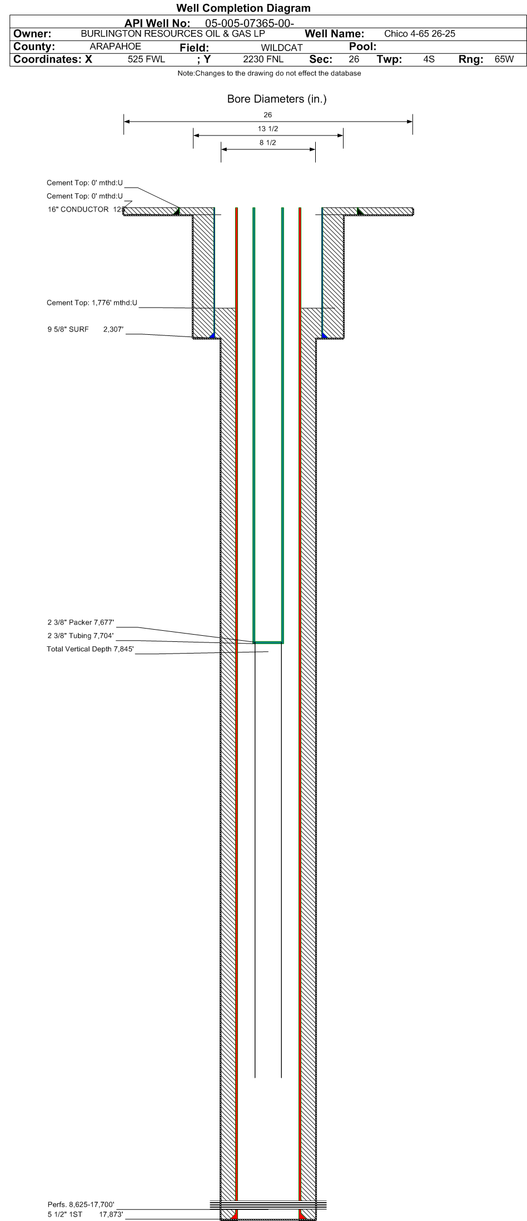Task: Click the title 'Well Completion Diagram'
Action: pos(243,8)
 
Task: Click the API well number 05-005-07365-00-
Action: pos(250,23)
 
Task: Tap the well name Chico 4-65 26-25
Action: pos(420,34)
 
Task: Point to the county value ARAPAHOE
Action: pos(115,47)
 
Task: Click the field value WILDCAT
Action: pos(282,48)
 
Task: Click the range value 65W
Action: pos(504,59)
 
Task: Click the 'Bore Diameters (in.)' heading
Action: pos(277,99)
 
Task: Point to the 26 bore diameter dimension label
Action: pos(268,115)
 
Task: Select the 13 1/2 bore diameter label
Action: pos(268,129)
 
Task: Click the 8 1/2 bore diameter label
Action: pos(268,143)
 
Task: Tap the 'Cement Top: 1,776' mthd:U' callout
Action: pos(92,303)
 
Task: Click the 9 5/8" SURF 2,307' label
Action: pos(85,330)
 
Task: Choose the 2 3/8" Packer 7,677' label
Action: pos(81,622)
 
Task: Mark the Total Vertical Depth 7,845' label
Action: pos(91,649)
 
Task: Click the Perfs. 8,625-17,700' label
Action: pos(81,1204)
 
